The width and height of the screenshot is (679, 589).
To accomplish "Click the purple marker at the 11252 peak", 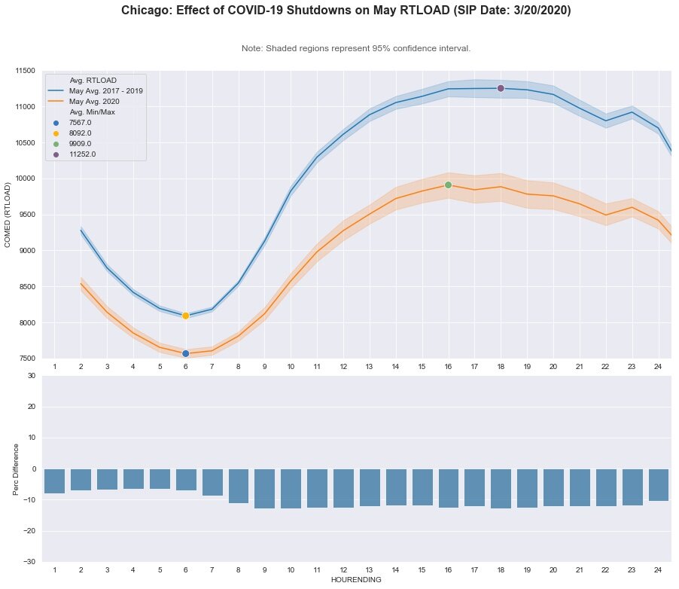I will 501,89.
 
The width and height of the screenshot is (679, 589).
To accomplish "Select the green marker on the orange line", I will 448,185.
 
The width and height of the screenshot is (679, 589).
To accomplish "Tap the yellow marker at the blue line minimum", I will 185,316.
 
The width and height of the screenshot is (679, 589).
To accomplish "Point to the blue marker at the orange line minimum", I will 185,353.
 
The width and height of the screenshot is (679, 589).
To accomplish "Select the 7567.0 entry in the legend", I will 79,122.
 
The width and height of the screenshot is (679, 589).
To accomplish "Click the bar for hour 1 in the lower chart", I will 54,481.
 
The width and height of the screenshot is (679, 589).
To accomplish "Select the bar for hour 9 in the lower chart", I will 264,488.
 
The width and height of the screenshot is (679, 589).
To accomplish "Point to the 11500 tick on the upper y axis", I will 25,71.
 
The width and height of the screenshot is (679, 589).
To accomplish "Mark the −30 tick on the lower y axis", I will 27,562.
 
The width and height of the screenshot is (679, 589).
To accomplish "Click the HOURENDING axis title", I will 356,580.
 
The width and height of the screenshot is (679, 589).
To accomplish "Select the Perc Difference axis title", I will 17,468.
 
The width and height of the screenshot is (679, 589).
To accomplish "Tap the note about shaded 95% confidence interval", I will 356,48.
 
